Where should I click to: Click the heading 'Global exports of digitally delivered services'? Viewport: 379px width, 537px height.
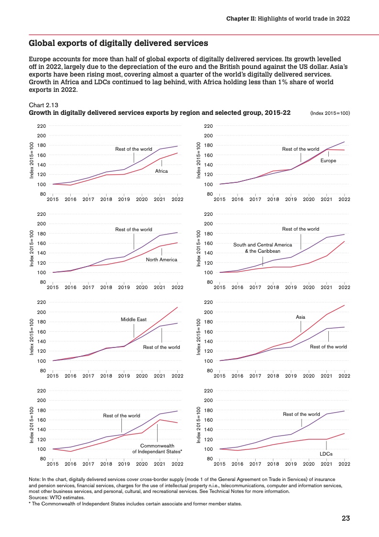(119, 44)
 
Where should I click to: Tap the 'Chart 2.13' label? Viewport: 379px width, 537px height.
(44, 105)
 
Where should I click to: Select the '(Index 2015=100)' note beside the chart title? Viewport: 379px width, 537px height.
(330, 113)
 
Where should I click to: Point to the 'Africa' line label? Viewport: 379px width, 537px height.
(162, 171)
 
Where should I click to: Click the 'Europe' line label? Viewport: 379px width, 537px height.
(328, 161)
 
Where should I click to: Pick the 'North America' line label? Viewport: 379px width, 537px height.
(162, 260)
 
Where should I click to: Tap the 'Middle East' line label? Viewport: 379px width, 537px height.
(134, 318)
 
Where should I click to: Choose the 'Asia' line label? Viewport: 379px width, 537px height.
(301, 317)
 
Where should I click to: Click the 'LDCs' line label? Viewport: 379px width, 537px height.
(326, 454)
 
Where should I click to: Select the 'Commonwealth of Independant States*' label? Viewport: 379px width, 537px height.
(157, 448)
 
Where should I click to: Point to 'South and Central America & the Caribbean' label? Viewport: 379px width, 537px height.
(262, 248)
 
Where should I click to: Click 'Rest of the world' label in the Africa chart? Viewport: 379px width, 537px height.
(134, 149)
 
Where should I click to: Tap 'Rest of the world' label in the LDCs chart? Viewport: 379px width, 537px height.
(301, 414)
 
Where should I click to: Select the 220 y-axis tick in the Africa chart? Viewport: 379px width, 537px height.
(42, 126)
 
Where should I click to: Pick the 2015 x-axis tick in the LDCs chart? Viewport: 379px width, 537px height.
(219, 464)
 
